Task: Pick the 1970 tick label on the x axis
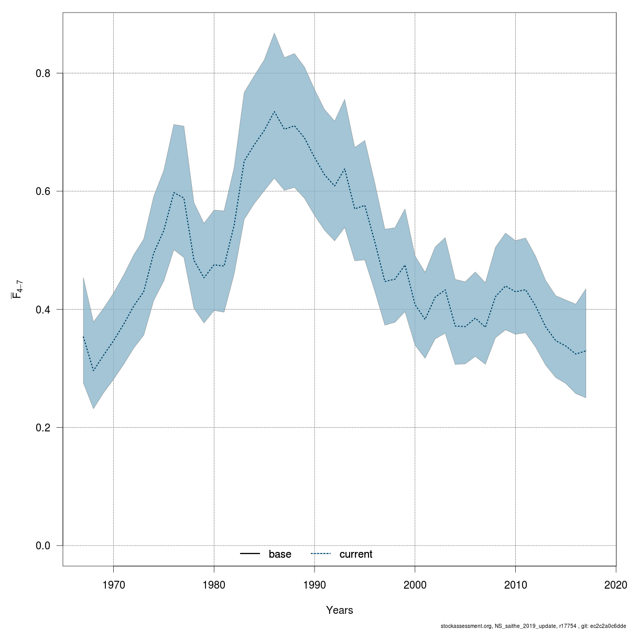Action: (113, 584)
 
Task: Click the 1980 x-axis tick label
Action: (214, 584)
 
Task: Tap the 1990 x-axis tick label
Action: (314, 584)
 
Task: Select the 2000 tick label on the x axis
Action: (415, 584)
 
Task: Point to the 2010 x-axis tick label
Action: (516, 584)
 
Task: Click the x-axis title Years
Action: (340, 610)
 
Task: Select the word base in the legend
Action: (280, 555)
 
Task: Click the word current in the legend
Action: (356, 555)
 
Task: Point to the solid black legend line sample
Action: (251, 554)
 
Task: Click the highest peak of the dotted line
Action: (274, 111)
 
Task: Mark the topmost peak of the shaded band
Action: (274, 33)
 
